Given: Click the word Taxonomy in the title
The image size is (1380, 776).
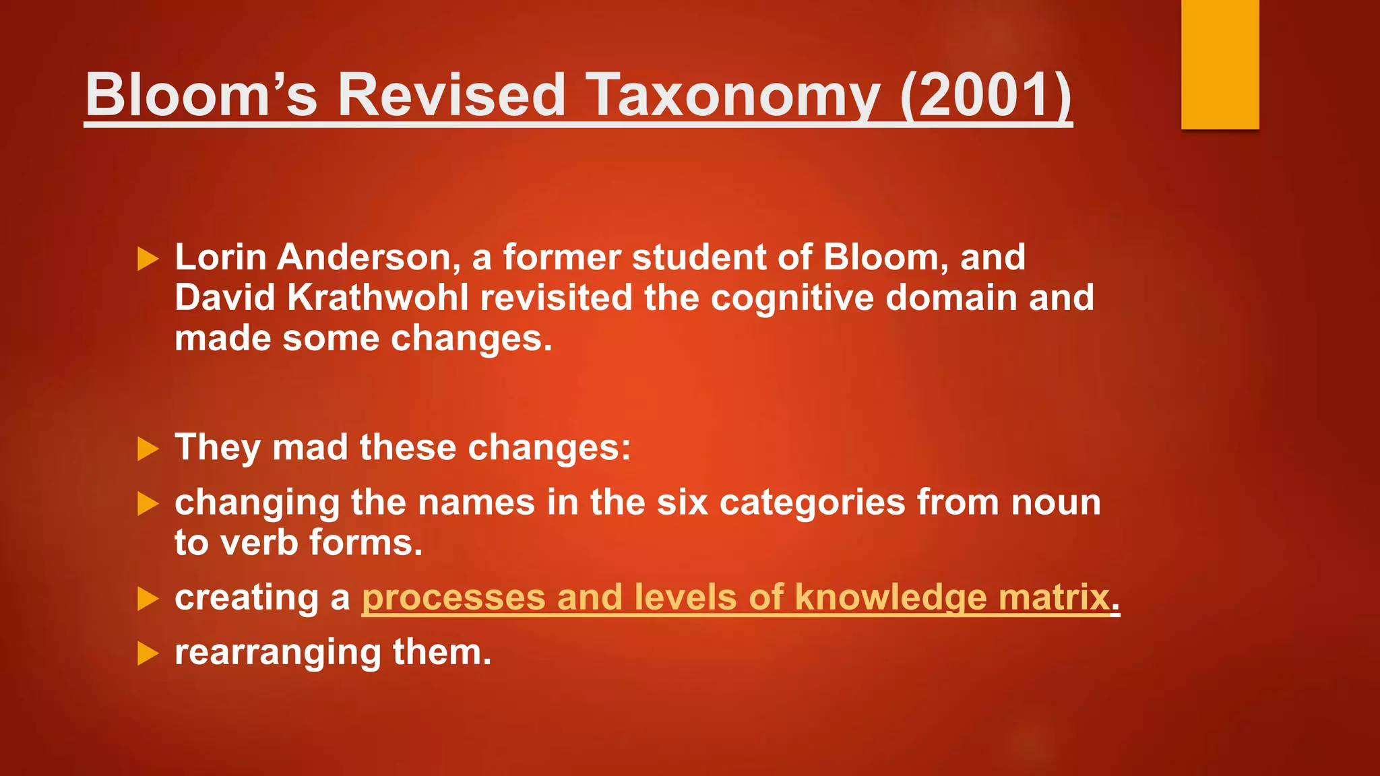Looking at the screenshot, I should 732,96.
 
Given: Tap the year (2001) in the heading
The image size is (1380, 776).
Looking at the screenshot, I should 985,96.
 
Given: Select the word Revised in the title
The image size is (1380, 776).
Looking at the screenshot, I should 451,96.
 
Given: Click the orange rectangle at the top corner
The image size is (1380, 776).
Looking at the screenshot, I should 1220,64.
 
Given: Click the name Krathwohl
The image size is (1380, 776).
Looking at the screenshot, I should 377,298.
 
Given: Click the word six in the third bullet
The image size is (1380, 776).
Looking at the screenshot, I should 682,503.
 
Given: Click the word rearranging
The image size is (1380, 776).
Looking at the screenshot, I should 278,653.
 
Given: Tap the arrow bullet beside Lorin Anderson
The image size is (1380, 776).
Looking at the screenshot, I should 148,259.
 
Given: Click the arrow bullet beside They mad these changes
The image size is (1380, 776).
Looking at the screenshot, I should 148,449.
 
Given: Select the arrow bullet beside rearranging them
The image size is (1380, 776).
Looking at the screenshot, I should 148,653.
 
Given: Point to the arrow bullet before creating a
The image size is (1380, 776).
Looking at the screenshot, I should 148,599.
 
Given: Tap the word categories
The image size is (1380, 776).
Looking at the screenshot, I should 812,503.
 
